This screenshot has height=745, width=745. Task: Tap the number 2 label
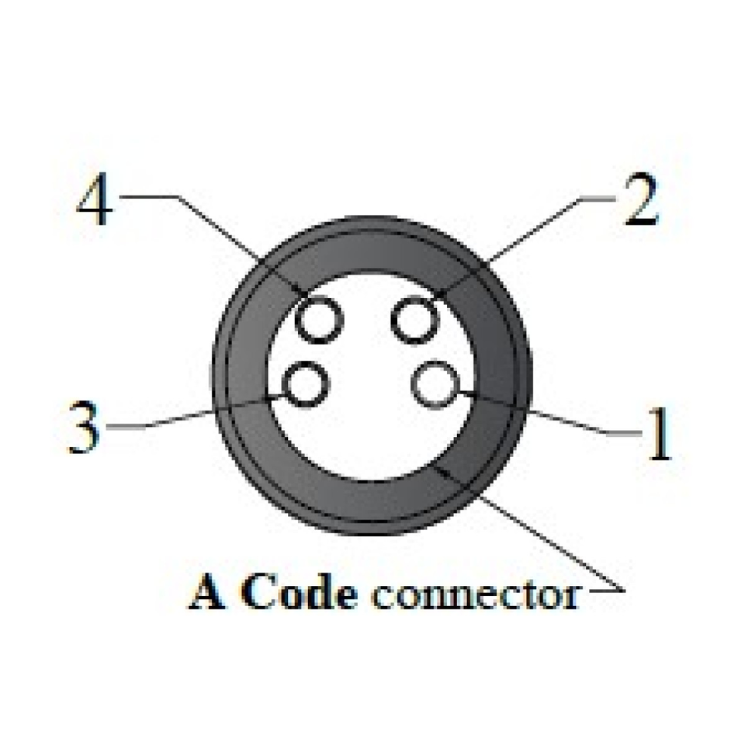click(642, 201)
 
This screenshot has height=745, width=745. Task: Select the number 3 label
click(84, 427)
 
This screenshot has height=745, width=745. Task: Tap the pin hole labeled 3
click(303, 385)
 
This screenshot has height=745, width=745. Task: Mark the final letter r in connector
click(572, 598)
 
